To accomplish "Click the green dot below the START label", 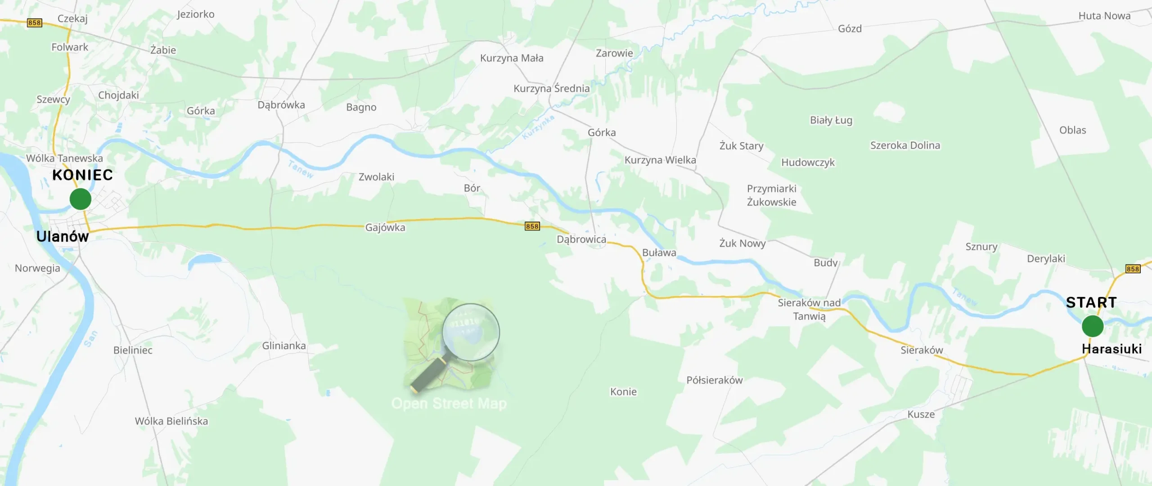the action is (x=1093, y=326).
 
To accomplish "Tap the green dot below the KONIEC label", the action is (x=81, y=199).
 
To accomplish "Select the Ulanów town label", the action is (x=63, y=237).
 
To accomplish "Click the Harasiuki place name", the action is (x=1111, y=349).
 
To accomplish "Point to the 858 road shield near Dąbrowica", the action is (x=532, y=226).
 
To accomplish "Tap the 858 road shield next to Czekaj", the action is (x=34, y=22).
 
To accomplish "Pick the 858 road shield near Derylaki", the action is (x=1133, y=269).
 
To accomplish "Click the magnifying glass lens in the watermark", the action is (x=471, y=332).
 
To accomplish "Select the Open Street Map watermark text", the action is (x=449, y=404).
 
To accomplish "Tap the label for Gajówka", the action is (x=385, y=228).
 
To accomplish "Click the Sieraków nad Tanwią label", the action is (x=809, y=310).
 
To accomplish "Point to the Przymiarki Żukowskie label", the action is (x=771, y=195).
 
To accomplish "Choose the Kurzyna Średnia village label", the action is (x=551, y=89).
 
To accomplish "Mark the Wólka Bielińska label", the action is (x=171, y=421).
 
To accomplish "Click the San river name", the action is (x=90, y=338).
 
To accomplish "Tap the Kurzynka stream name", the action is (x=538, y=127).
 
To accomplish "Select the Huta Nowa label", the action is (x=1104, y=16).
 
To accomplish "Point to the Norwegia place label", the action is (x=37, y=268).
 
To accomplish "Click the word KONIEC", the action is (x=82, y=175).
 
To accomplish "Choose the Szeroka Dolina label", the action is (x=905, y=145).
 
